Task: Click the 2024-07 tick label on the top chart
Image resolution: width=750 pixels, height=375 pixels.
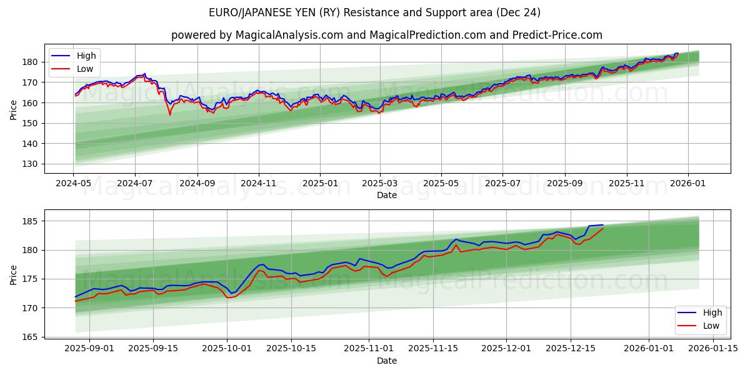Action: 135,184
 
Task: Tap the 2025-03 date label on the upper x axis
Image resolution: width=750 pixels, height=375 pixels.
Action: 380,184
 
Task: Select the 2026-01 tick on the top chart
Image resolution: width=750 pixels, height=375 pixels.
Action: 688,184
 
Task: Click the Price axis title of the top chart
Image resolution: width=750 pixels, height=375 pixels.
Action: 14,109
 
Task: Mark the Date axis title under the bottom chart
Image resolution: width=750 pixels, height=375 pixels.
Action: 387,361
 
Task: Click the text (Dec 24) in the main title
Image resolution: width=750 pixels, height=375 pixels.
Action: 518,12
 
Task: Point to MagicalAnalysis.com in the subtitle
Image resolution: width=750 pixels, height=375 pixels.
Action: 289,35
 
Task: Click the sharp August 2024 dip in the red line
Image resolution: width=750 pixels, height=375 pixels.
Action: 169,114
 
